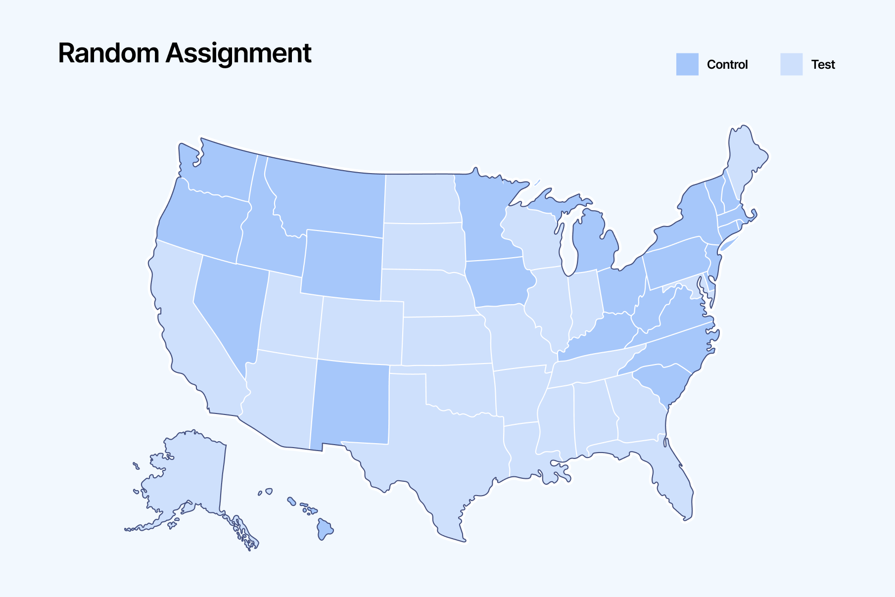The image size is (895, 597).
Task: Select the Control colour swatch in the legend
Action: pyautogui.click(x=687, y=64)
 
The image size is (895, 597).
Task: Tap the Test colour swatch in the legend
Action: pyautogui.click(x=791, y=64)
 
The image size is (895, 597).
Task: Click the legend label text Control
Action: pyautogui.click(x=727, y=64)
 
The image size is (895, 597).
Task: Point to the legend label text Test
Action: pyautogui.click(x=823, y=64)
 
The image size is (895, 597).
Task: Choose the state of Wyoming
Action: pyautogui.click(x=341, y=265)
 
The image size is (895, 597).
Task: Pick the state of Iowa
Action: pyautogui.click(x=500, y=282)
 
